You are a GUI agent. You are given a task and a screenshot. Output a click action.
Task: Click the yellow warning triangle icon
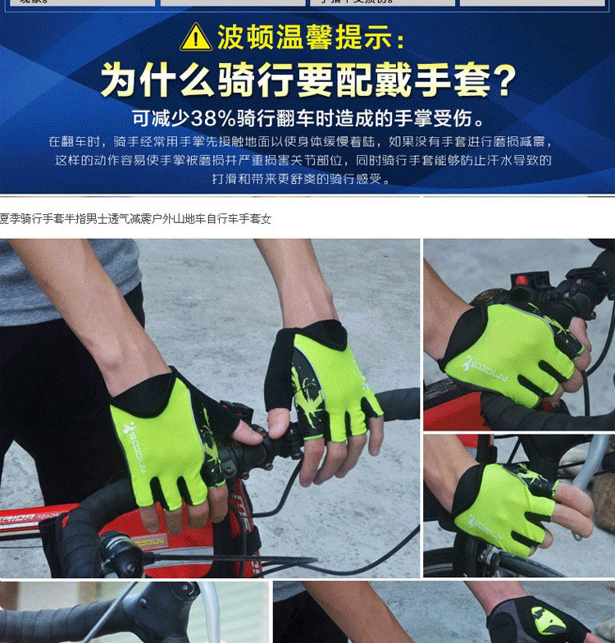pos(197,36)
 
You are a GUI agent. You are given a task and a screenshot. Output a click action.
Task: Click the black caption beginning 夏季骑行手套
pos(135,219)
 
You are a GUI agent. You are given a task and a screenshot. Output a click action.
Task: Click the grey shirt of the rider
pos(49,279)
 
